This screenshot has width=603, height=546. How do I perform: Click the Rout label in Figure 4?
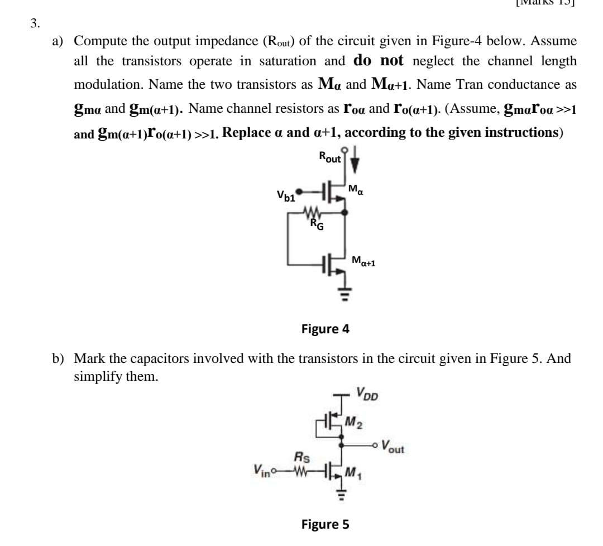pos(329,157)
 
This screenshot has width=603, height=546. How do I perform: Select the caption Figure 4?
pos(325,328)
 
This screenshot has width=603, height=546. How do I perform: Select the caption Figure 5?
pos(325,524)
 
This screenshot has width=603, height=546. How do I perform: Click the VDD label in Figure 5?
pos(367,396)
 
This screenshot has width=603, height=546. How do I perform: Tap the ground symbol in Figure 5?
pos(337,494)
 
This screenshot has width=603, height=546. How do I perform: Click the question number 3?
pos(35,23)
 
